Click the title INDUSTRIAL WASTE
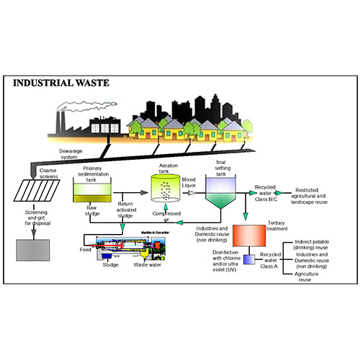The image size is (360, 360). tap(61, 83)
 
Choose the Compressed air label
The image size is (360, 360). tap(166, 218)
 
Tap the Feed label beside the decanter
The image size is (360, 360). tap(86, 249)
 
